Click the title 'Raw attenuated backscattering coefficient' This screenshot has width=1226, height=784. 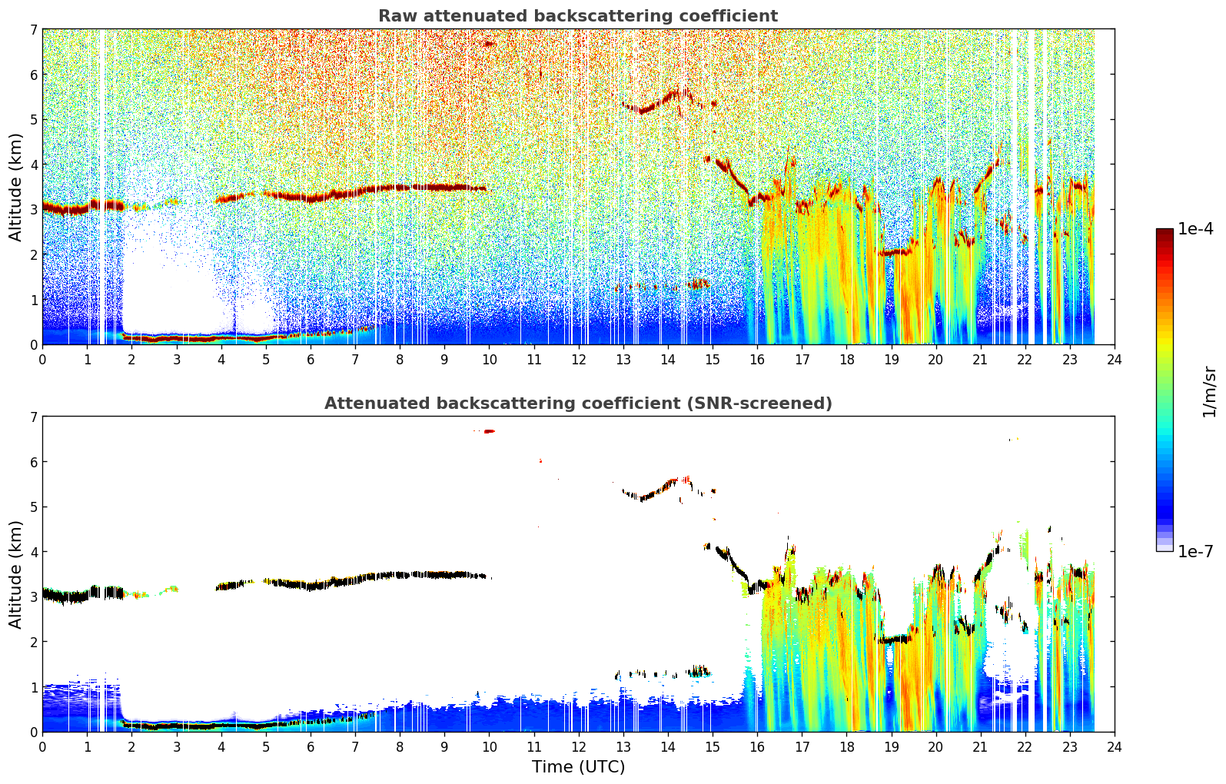(x=578, y=16)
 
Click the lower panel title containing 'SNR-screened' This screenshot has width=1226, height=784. (x=578, y=403)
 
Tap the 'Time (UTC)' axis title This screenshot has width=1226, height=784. (x=578, y=767)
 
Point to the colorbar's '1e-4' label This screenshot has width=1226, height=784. (x=1196, y=228)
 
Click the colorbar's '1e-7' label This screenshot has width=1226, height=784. (x=1196, y=551)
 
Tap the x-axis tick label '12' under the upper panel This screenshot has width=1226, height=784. (x=579, y=360)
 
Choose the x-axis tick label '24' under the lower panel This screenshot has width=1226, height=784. (x=1115, y=747)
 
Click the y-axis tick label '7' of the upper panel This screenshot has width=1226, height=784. (x=33, y=29)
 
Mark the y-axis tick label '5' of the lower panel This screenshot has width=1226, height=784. (x=33, y=507)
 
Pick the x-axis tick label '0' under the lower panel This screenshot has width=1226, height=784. (x=43, y=747)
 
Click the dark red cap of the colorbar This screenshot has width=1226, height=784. (x=1165, y=231)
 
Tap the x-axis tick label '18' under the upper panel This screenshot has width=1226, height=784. (x=847, y=360)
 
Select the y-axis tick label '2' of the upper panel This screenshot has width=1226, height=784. (x=33, y=254)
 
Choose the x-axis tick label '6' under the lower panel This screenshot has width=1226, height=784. (x=311, y=747)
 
